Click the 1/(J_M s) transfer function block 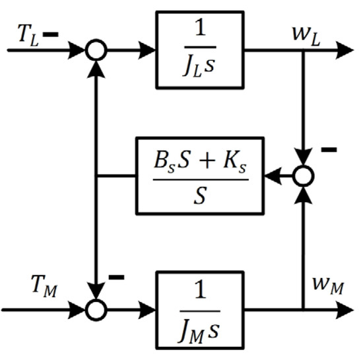coord(199,308)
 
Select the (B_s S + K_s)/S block coord(199,176)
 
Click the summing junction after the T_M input coord(97,308)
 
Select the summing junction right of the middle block coord(303,176)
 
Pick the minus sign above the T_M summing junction coord(116,277)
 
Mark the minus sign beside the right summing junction coord(329,151)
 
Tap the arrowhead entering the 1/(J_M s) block coord(148,308)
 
